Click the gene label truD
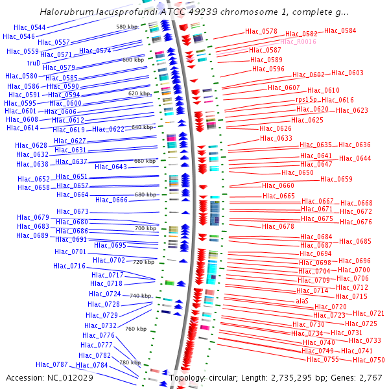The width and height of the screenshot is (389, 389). [33, 63]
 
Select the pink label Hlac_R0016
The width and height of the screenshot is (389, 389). [298, 41]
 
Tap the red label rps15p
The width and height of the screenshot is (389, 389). [306, 100]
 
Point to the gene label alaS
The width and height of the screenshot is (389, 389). [302, 301]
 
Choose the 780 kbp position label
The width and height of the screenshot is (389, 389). [130, 362]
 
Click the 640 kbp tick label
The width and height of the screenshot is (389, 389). [143, 127]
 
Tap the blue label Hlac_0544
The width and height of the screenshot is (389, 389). [29, 27]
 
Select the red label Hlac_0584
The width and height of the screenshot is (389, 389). [340, 30]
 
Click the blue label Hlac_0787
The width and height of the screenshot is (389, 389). [52, 364]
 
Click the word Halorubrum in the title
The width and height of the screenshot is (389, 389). [67, 12]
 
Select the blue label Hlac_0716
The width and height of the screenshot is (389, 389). [69, 266]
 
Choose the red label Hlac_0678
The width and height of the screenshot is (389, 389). [277, 226]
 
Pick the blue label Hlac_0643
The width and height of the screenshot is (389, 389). [111, 167]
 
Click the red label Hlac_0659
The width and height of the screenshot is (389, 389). [336, 179]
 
